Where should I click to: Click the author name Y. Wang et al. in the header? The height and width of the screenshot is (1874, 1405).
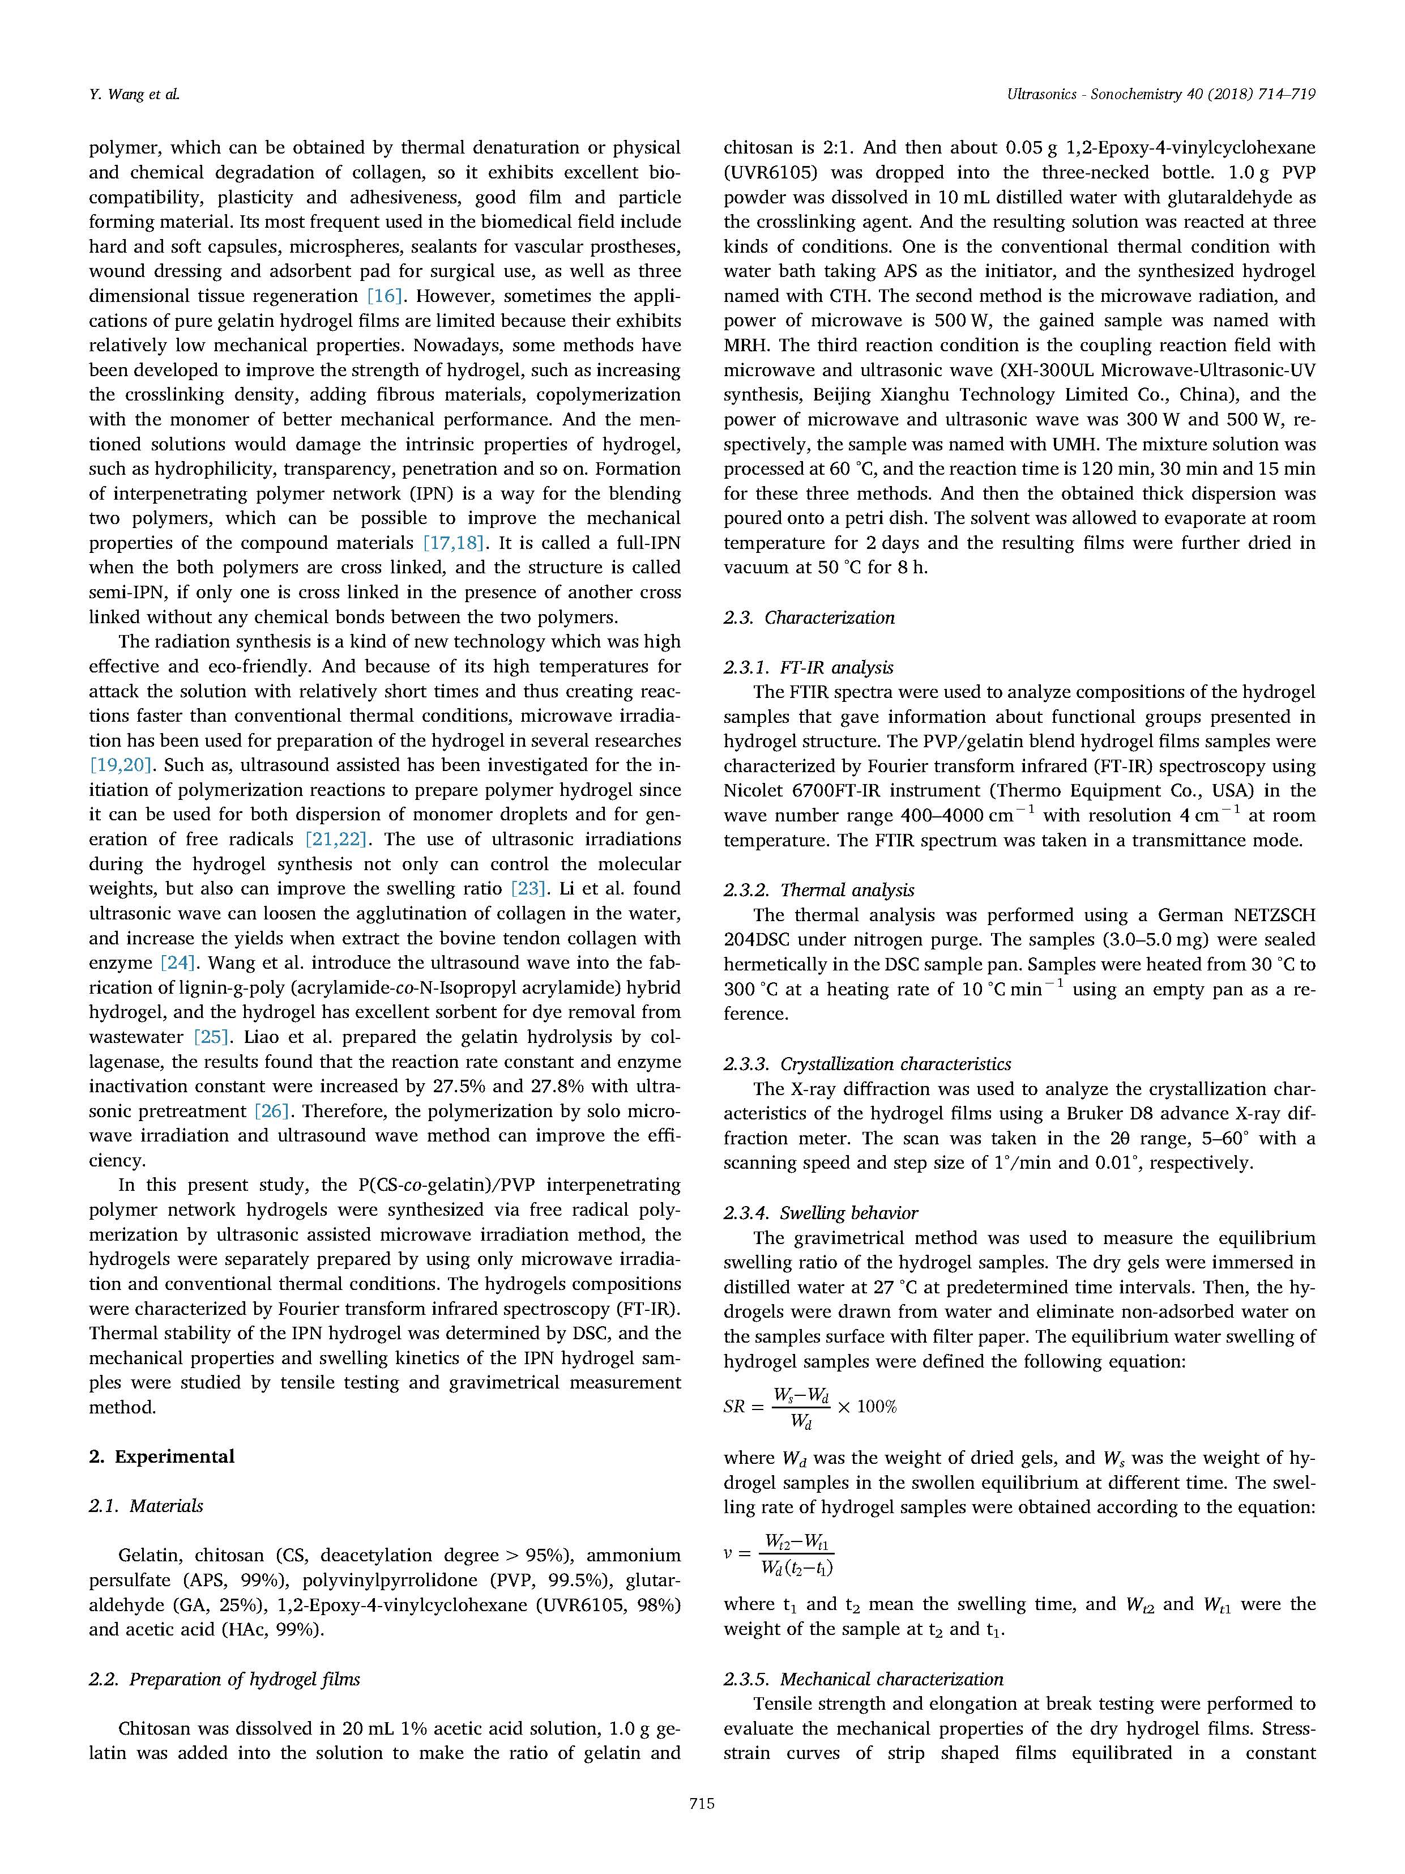[134, 95]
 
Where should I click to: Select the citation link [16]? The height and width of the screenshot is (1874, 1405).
[383, 296]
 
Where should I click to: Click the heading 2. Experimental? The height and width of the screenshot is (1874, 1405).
[162, 1456]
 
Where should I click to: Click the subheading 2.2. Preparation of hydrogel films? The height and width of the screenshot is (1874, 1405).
[224, 1679]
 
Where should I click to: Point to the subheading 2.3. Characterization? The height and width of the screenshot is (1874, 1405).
[809, 617]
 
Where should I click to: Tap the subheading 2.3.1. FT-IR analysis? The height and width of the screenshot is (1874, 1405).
[809, 667]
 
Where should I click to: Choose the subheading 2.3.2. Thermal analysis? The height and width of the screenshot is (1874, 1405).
[819, 889]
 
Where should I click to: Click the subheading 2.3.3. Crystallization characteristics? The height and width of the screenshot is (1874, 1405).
[867, 1063]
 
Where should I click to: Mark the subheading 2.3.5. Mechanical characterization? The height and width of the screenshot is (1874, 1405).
[863, 1679]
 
